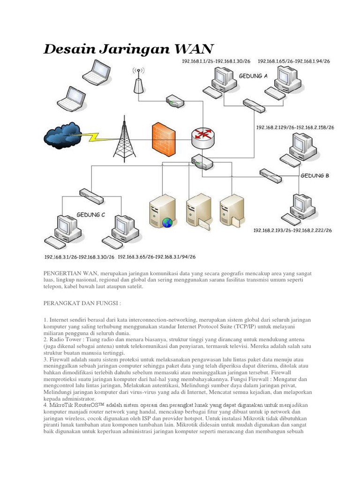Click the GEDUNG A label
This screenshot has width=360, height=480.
(253, 75)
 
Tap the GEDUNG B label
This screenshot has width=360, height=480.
(315, 176)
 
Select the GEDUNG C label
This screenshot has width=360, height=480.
(91, 214)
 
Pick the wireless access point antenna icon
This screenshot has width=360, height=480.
(138, 82)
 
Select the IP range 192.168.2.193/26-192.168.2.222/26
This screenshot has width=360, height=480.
(292, 231)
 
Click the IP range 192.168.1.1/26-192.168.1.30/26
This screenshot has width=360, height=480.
(216, 61)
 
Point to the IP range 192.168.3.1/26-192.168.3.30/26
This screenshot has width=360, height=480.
(79, 257)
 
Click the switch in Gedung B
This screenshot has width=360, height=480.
(270, 175)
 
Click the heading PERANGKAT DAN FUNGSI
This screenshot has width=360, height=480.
(82, 303)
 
